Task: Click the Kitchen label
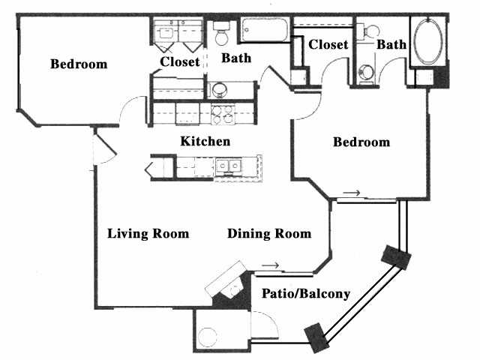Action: pyautogui.click(x=205, y=142)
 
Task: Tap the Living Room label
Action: pyautogui.click(x=148, y=233)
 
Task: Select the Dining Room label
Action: pyautogui.click(x=269, y=233)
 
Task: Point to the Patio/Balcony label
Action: pyautogui.click(x=306, y=294)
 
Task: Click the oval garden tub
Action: pyautogui.click(x=428, y=41)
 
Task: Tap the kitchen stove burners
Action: pyautogui.click(x=223, y=115)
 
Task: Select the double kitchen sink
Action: pyautogui.click(x=229, y=166)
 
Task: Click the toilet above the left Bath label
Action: pyautogui.click(x=222, y=33)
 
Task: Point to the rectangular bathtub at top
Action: pyautogui.click(x=265, y=30)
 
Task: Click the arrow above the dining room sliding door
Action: pyautogui.click(x=270, y=265)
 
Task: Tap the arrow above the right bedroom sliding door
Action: pyautogui.click(x=352, y=193)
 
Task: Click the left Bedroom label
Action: pyautogui.click(x=79, y=64)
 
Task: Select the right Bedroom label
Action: pyautogui.click(x=361, y=142)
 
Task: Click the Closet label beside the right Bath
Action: pyautogui.click(x=328, y=45)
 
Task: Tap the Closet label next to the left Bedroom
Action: pyautogui.click(x=180, y=61)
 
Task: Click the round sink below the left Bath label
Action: pyautogui.click(x=220, y=90)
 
